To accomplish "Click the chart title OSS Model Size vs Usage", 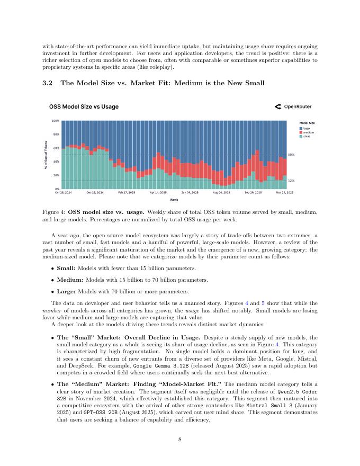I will (84, 106).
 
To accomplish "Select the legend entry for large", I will (307, 128).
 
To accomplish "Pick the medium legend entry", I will (308, 132).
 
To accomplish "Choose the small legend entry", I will (307, 136).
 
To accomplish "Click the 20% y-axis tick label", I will (56, 175).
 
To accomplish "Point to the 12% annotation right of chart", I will (291, 181).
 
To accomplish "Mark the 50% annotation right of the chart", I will (291, 155).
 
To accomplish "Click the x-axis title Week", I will (174, 200).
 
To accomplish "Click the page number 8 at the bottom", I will (180, 438).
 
